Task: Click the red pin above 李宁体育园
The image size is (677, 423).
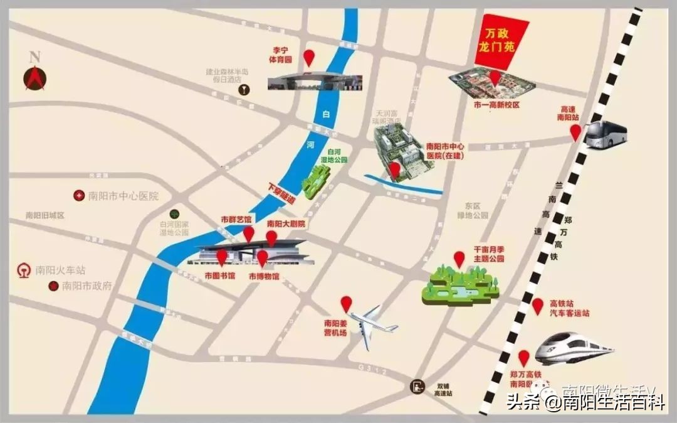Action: tap(309, 58)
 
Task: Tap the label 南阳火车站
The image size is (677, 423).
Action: tap(60, 271)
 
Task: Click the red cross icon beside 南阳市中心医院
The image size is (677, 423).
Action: tap(79, 196)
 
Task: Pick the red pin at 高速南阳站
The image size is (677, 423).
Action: tap(575, 132)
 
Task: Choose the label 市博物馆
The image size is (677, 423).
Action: tap(264, 276)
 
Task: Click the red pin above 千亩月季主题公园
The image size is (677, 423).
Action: tap(459, 259)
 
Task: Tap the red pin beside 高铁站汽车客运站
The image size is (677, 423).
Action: tap(537, 306)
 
